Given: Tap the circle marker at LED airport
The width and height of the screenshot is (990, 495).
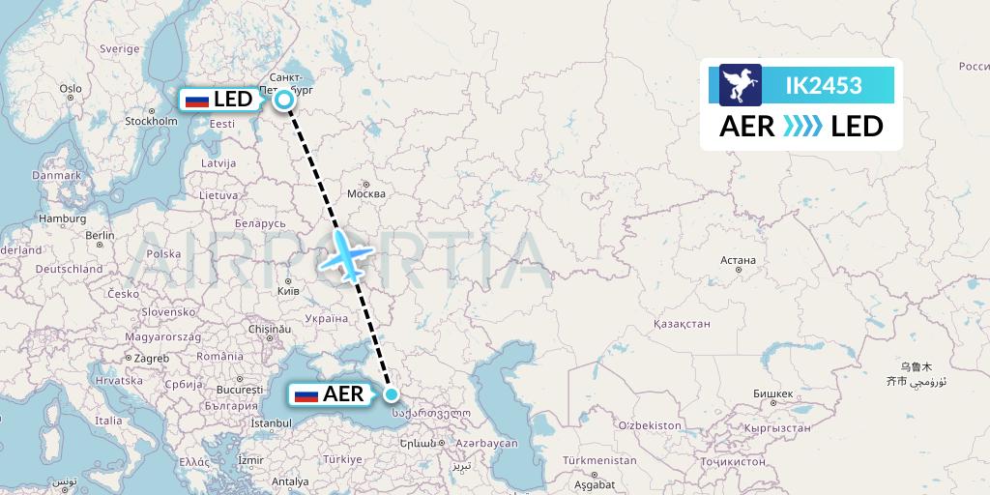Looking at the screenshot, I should coord(284,99).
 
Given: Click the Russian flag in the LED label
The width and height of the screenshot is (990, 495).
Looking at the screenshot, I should coord(196,100).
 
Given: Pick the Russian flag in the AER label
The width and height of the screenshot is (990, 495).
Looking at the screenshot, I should coord(306,394).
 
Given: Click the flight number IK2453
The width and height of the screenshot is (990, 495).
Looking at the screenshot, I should coord(823,85).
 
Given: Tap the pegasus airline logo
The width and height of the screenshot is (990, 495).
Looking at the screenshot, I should coord(741,85).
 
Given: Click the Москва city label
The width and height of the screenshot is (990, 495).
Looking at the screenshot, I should coord(365,193).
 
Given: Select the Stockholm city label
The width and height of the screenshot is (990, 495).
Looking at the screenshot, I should coord(151,121).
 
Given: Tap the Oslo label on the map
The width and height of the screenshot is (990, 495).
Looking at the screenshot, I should coord(70,88).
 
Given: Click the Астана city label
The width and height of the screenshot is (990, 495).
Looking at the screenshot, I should coord(738,260).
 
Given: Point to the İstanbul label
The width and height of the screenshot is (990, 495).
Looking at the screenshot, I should coord(272,423).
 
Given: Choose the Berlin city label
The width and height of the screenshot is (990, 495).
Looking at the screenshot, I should coord(100,235).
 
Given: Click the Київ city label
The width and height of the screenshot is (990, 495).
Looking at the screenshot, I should coord(288,289).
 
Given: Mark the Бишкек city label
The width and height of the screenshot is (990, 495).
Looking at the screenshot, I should coord(772,393).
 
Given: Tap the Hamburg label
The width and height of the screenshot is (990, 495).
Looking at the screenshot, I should coord(63,218).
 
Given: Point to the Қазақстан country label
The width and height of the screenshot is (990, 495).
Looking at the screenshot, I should coord(683,324).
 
